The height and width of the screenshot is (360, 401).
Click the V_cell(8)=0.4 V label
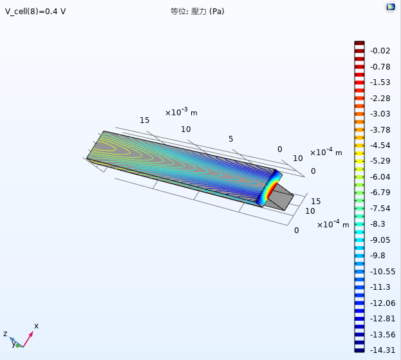[x=35, y=12]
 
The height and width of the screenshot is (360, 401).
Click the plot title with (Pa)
[x=197, y=12]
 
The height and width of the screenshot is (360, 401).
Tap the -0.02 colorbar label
[x=380, y=51]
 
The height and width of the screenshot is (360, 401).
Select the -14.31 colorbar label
[x=382, y=350]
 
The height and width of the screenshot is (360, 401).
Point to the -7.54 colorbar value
[x=380, y=208]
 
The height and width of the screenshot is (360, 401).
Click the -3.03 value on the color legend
[x=380, y=114]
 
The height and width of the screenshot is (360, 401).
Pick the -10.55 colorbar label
[x=382, y=272]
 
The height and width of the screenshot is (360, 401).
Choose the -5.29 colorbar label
[x=380, y=161]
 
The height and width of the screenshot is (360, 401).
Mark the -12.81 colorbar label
[x=382, y=319]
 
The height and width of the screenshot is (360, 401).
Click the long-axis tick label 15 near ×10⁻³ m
[x=144, y=120]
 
